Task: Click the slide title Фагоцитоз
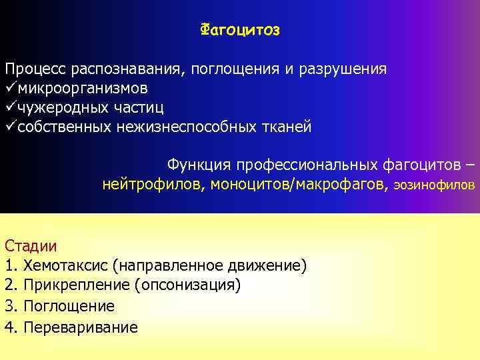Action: [240, 30]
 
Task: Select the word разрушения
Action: [345, 69]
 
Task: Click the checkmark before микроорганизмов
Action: [10, 88]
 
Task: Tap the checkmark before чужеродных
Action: [10, 107]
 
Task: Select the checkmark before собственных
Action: [10, 127]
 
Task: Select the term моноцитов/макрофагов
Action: [297, 185]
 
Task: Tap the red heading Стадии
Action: [31, 245]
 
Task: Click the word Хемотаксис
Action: [65, 266]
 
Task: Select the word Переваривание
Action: [81, 327]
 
